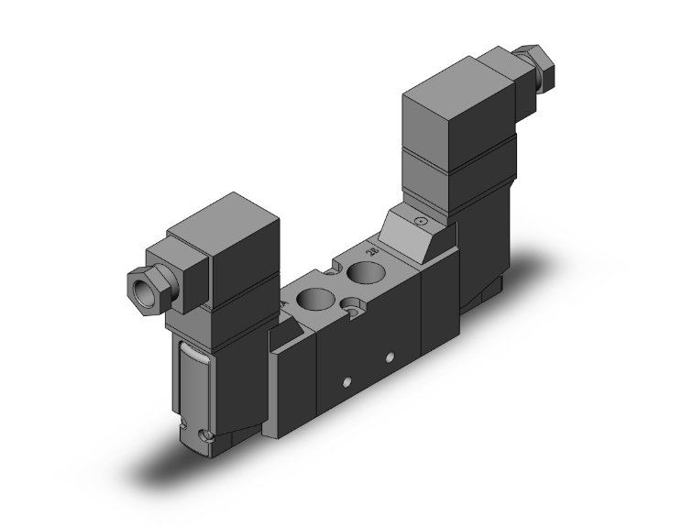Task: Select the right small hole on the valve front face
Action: click(x=390, y=355)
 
